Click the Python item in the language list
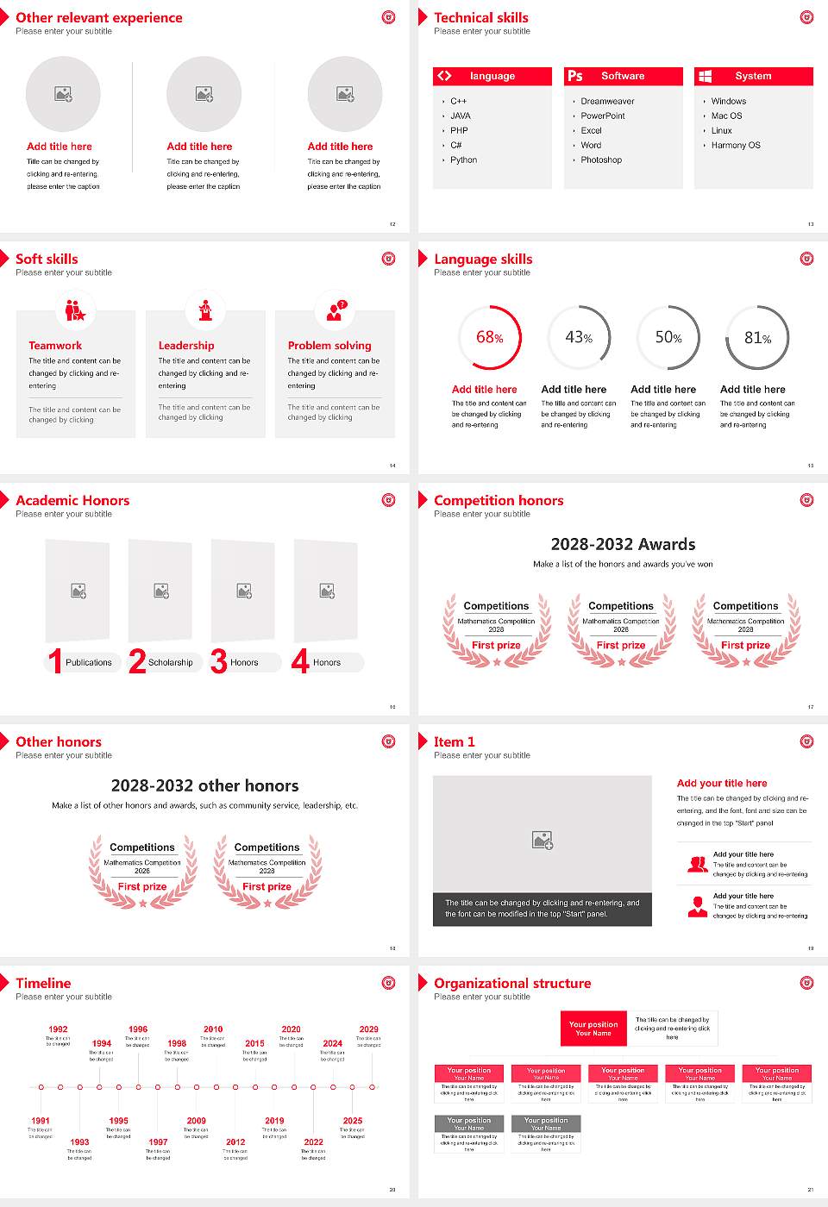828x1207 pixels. [463, 160]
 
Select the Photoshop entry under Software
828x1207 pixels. [601, 160]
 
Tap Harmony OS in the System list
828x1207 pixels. [736, 146]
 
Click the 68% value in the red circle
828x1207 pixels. [490, 338]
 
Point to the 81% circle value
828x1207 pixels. [757, 338]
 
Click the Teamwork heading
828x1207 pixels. [55, 346]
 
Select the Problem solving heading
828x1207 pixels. [329, 346]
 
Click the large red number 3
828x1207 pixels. [219, 661]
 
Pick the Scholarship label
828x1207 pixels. [170, 663]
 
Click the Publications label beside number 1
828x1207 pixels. [89, 663]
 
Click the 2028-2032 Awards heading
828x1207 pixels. [623, 545]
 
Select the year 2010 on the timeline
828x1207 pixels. [213, 1029]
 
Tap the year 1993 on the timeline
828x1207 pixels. [79, 1142]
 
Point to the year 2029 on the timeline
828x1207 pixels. [368, 1029]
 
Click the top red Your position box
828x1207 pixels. [593, 1029]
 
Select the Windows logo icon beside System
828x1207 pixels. [706, 76]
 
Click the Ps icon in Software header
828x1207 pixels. [575, 76]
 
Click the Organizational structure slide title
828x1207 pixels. [512, 984]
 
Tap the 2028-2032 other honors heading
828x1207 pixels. [204, 786]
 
